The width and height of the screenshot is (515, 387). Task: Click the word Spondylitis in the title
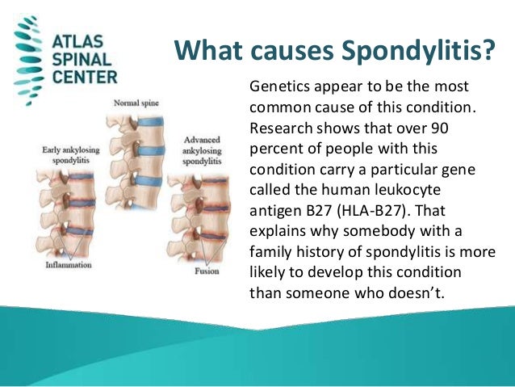click(x=421, y=53)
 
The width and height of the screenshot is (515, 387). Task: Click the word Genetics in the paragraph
click(x=279, y=86)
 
